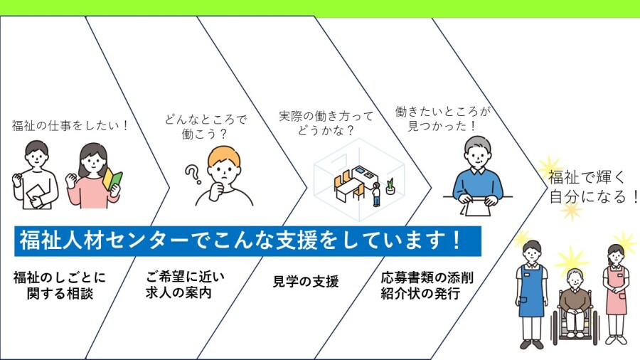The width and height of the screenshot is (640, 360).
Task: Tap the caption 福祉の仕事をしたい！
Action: (70, 125)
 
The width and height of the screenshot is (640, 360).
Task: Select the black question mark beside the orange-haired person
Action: (193, 174)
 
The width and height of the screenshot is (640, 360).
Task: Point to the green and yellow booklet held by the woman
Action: (112, 180)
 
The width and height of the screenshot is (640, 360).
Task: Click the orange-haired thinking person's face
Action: (224, 170)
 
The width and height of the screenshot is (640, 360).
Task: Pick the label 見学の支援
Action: (305, 281)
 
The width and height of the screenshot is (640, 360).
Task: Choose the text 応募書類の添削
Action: (427, 277)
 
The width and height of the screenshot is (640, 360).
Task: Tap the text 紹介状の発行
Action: (420, 293)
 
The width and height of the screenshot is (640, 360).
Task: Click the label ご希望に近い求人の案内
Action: (185, 285)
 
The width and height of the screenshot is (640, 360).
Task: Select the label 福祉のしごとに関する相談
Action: (60, 285)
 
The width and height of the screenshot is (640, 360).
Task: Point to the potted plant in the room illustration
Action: (390, 186)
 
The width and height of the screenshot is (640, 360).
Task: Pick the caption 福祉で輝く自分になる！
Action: (592, 187)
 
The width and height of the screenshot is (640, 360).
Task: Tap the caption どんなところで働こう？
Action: (206, 127)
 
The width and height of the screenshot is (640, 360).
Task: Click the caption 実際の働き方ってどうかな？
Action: (326, 123)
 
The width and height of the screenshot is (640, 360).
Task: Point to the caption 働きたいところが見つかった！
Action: (442, 118)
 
